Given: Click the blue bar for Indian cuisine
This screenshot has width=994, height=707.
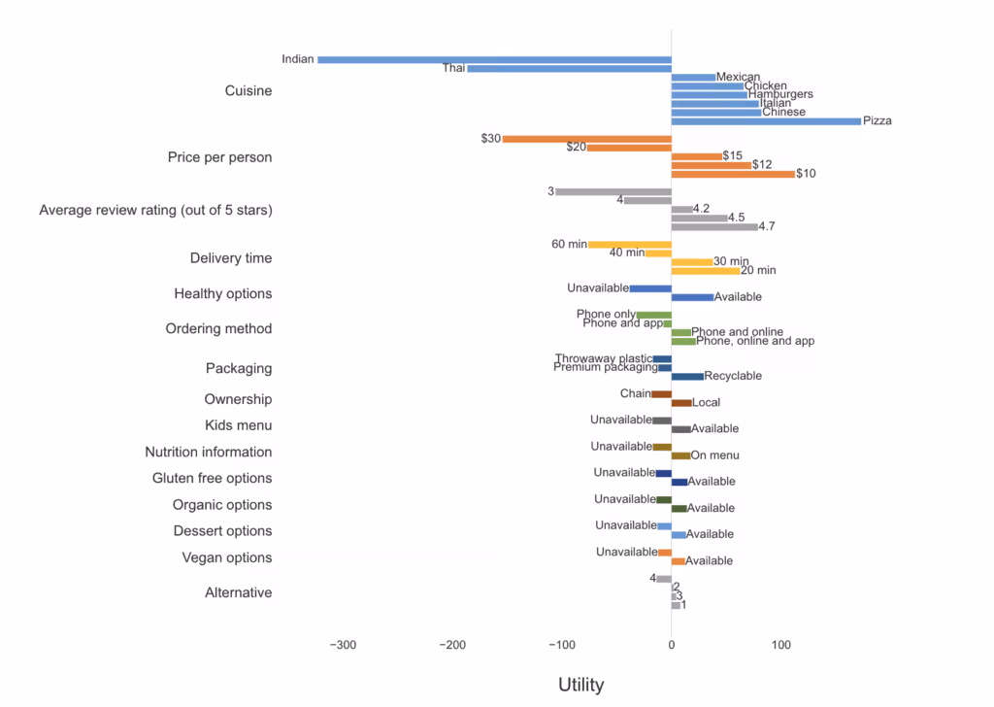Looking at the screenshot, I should coord(494,60).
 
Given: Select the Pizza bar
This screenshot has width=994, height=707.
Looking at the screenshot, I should coord(766,121).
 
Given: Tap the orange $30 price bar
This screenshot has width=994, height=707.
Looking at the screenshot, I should coord(586,139).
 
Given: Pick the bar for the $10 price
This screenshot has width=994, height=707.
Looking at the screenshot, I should coord(733,174).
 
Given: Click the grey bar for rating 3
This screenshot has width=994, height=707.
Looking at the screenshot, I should coord(613,191).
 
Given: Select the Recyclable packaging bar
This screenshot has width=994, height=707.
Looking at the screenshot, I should coord(687,376).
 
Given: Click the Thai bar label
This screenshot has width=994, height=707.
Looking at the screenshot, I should coord(453,69).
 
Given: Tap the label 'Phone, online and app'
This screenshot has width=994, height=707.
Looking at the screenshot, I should coord(755,341).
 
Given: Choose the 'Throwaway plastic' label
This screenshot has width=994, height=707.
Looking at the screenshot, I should coord(604,358).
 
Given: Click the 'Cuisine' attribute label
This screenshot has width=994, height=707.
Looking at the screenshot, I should coord(248,91).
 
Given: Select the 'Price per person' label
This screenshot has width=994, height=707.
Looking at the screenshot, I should coord(219,157).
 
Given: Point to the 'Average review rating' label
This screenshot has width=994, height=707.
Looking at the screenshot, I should coord(155,210).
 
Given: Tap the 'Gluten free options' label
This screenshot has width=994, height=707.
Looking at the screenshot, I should coord(212,478).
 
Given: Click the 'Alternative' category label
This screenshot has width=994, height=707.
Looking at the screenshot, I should coord(238,592).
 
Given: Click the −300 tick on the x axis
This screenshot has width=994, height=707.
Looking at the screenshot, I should coord(342,644).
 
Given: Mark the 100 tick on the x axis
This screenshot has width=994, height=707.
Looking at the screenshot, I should coord(780,644).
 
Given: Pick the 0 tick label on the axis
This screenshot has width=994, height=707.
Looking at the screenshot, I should coord(671,644).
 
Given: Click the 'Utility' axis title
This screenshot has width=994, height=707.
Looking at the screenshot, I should coord(580,685).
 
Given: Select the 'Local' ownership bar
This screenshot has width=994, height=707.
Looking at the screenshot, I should coord(681,403).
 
